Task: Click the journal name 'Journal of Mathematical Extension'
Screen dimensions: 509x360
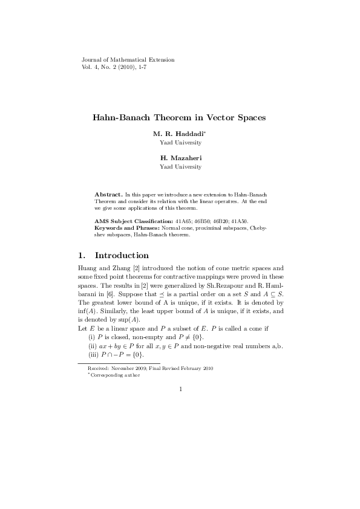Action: pos(128,60)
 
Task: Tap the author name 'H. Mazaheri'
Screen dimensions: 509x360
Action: pos(180,158)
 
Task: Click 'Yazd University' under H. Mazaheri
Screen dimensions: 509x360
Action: pos(180,166)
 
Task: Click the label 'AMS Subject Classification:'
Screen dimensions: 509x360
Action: pos(134,222)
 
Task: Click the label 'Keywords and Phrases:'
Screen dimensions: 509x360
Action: pos(127,229)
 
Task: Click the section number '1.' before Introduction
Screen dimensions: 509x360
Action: pos(83,255)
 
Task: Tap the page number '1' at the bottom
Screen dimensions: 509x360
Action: pos(180,389)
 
